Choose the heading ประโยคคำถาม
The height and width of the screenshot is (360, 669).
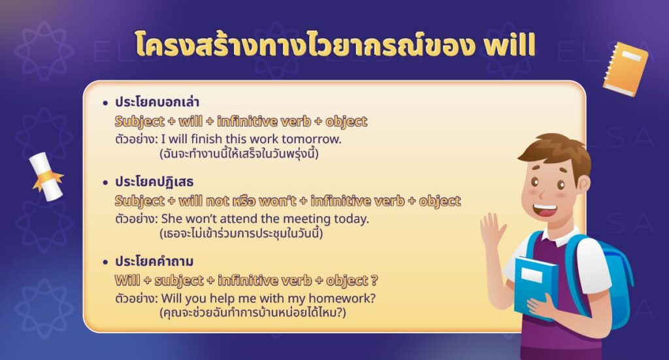coord(154,261)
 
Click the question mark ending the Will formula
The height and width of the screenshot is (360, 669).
coord(374,280)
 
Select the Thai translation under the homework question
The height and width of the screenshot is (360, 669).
coord(252,313)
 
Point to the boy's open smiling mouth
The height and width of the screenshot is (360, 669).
coord(544,211)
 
